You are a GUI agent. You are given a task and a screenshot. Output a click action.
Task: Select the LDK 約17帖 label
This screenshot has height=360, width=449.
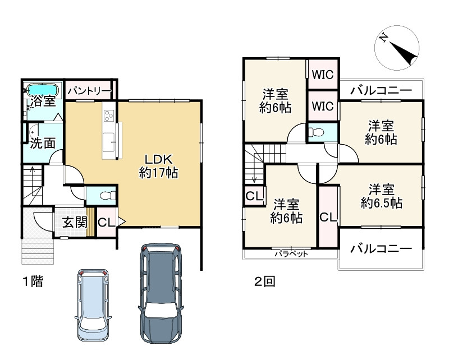click(x=158, y=165)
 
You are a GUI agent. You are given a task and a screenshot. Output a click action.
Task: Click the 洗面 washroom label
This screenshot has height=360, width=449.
click(x=42, y=143)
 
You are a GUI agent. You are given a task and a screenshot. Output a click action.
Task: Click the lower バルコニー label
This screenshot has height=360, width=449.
click(x=381, y=248)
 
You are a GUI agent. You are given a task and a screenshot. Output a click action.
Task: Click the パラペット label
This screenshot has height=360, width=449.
click(x=291, y=254)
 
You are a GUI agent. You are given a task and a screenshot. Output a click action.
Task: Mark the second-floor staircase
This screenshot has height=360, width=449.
click(x=254, y=163)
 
